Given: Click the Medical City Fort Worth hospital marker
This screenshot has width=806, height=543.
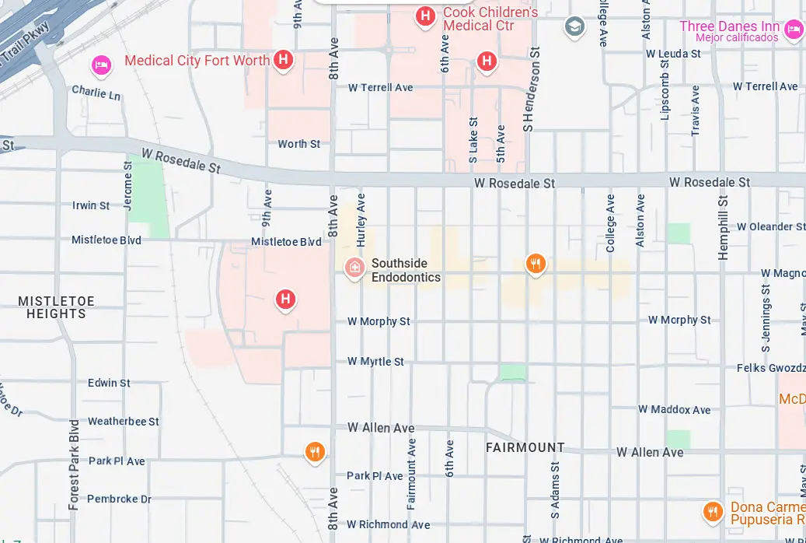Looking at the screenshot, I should coord(284,60).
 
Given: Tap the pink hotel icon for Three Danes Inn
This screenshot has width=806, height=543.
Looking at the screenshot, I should coord(793,30).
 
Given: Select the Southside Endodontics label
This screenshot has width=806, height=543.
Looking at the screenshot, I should coord(406,270).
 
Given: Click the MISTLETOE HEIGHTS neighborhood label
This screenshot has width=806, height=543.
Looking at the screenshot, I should coord(56,307).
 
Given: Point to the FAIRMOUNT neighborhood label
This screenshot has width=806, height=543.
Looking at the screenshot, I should coord(525,447).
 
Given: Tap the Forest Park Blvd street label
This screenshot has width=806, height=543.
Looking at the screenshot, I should coord(74,464).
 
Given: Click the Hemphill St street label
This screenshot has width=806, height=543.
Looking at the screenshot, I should coord(723,226).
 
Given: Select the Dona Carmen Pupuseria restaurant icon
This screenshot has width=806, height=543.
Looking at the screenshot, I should coord(712,511).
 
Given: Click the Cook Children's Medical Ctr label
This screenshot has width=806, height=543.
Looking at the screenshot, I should coord(490,19).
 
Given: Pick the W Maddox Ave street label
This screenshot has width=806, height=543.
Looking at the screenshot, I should coord(674,409).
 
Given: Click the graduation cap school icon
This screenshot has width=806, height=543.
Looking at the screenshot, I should coord(574,26).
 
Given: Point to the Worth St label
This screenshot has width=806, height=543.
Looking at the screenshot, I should coord(298,144).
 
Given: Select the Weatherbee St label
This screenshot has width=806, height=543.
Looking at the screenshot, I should coord(123,421).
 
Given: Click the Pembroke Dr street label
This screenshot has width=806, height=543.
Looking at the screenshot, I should coord(119,499).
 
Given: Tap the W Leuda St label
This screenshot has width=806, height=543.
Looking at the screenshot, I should coord(673,54).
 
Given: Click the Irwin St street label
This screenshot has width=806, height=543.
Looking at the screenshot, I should coord(91,205).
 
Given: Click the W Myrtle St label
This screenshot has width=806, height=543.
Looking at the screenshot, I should coord(375,362).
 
